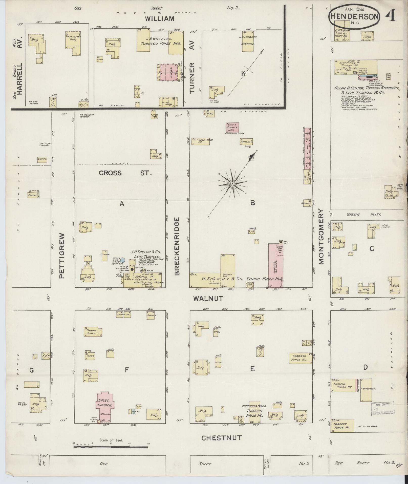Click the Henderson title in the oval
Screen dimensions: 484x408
point(354,16)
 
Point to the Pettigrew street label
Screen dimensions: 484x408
point(63,256)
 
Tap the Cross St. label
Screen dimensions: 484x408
point(125,173)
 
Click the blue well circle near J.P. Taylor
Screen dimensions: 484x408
point(123,260)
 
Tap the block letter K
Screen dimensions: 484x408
point(243,73)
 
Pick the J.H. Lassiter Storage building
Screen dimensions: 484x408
point(248,42)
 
